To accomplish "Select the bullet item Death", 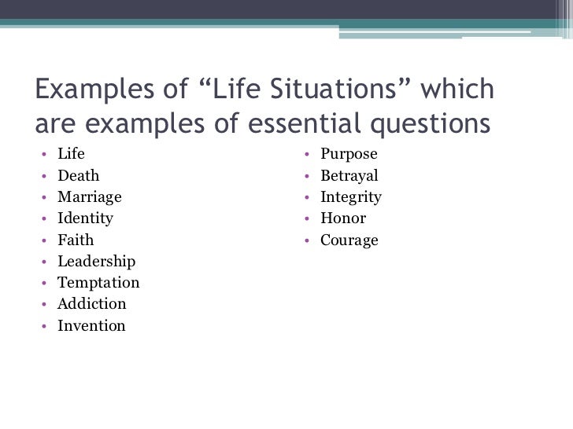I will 79,176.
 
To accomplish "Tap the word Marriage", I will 90,197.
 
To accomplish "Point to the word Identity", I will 85,218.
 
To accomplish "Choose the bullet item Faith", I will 75,240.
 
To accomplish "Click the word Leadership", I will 96,261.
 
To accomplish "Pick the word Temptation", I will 98,282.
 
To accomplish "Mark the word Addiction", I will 91,303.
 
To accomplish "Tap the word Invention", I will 91,324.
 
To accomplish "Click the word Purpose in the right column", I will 349,154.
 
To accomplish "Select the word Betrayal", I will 349,176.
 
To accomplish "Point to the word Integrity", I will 350,197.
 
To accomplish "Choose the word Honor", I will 342,218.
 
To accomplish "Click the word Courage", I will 349,240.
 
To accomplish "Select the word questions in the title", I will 426,123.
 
